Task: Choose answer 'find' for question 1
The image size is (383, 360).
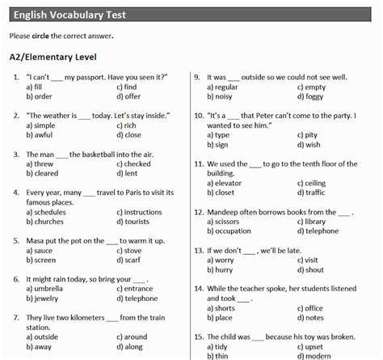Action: click(130, 87)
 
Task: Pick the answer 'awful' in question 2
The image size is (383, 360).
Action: click(44, 135)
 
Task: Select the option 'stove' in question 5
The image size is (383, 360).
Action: click(133, 250)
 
